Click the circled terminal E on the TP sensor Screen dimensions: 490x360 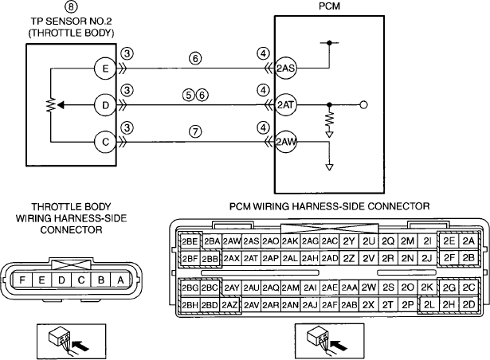click(x=106, y=68)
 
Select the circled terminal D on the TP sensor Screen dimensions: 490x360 click(x=106, y=105)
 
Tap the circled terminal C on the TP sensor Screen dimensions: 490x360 click(x=106, y=143)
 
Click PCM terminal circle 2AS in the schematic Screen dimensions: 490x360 click(x=285, y=68)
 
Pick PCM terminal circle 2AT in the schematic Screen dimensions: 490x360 click(x=285, y=105)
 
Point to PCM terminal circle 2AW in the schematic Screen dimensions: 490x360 click(x=285, y=142)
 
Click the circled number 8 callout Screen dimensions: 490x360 click(x=71, y=6)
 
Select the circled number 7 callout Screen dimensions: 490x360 click(x=195, y=131)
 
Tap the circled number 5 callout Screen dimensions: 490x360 click(x=189, y=95)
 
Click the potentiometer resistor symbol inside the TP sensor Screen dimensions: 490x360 click(x=51, y=105)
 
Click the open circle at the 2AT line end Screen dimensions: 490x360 click(x=363, y=105)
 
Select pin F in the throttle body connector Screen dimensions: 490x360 click(x=22, y=280)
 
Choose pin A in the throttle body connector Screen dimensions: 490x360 click(x=120, y=280)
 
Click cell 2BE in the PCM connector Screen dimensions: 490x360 click(x=190, y=241)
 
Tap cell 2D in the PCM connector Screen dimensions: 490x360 click(x=468, y=304)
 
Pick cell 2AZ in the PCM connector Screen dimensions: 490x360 click(x=230, y=305)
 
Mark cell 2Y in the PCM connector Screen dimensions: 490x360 click(x=349, y=241)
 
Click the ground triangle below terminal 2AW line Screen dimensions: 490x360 click(x=329, y=167)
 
